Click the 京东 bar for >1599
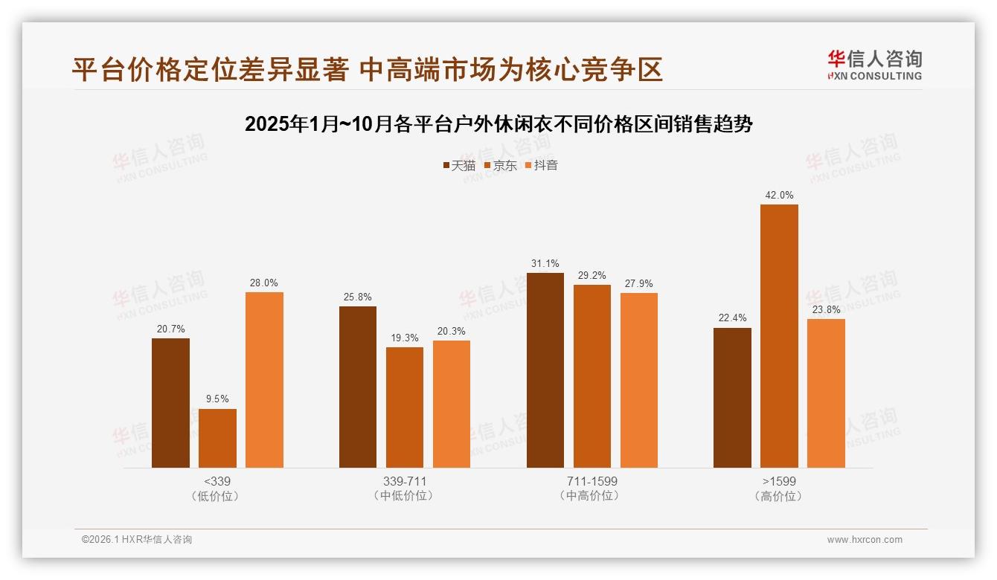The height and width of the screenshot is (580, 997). (x=779, y=336)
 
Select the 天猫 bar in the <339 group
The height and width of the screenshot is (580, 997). (x=170, y=403)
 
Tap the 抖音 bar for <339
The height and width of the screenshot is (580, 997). (x=264, y=380)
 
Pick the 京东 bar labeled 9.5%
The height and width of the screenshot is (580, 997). (x=217, y=438)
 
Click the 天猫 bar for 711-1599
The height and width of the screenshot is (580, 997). (x=545, y=370)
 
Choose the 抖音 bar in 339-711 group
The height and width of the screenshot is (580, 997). (x=452, y=404)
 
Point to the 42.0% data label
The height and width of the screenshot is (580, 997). (x=779, y=196)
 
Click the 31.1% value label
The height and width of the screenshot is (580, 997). (x=545, y=264)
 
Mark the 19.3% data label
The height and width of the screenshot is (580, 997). (x=405, y=338)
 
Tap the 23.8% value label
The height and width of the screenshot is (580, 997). (x=826, y=310)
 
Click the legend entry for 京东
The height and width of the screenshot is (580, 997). (x=500, y=166)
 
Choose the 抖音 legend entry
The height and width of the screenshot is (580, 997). (x=541, y=166)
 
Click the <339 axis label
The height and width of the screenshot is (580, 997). (x=217, y=481)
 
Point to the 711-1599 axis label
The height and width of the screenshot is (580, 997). (x=592, y=481)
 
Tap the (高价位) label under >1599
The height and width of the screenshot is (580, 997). (x=779, y=496)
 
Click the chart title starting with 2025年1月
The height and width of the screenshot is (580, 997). (x=499, y=124)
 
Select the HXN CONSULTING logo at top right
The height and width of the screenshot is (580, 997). (x=874, y=65)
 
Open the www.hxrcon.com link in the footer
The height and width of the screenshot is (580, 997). (x=865, y=540)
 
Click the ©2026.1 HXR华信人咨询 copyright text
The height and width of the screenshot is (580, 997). (x=137, y=540)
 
